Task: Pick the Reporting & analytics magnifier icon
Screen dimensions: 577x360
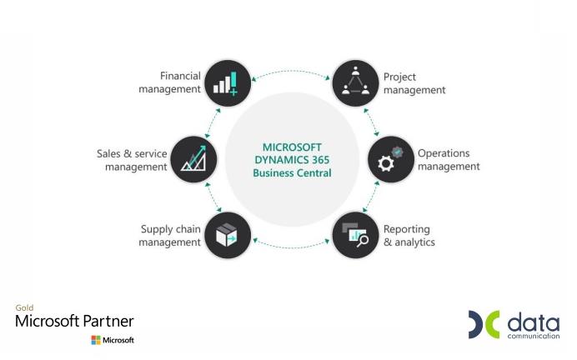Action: point(355,235)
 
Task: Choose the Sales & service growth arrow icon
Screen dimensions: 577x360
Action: point(193,159)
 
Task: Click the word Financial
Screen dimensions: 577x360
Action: point(180,76)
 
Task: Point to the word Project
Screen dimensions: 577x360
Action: point(399,77)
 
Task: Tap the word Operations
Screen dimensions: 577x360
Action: point(444,153)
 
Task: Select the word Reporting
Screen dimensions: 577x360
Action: point(407,229)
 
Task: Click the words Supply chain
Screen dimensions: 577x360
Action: point(171,229)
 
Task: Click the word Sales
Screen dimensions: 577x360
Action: point(108,153)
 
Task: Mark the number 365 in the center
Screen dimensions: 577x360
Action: point(320,160)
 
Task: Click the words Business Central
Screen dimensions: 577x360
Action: point(292,172)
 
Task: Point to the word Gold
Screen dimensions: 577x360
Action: point(24,307)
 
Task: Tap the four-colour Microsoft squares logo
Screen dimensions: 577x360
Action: point(96,340)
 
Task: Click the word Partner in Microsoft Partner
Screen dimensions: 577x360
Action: point(108,321)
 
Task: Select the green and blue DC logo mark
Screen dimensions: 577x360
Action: point(484,324)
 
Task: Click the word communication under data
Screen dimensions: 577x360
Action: point(534,336)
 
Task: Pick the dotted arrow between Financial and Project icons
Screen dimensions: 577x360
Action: point(291,72)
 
